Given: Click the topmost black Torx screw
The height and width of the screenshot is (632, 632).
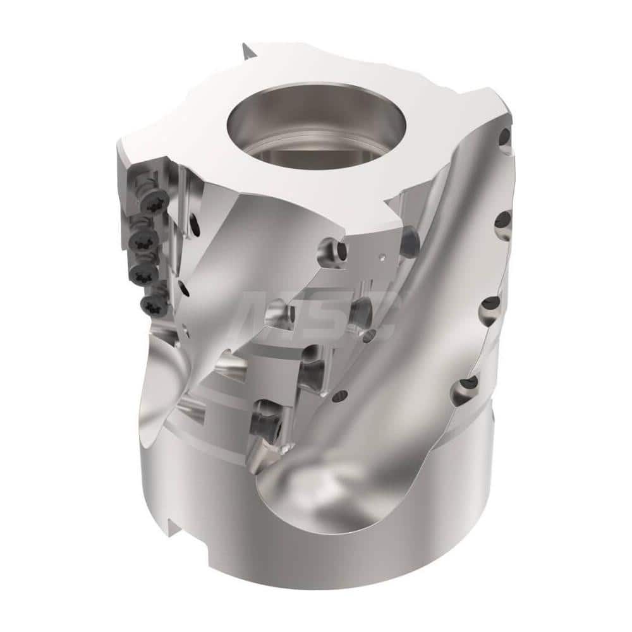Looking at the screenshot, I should point(154,203).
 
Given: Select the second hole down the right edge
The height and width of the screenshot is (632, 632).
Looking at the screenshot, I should point(502,219).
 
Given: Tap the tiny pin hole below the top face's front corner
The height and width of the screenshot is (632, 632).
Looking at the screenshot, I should point(382,257).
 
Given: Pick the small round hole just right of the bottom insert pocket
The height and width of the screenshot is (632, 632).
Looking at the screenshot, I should point(341,397).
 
